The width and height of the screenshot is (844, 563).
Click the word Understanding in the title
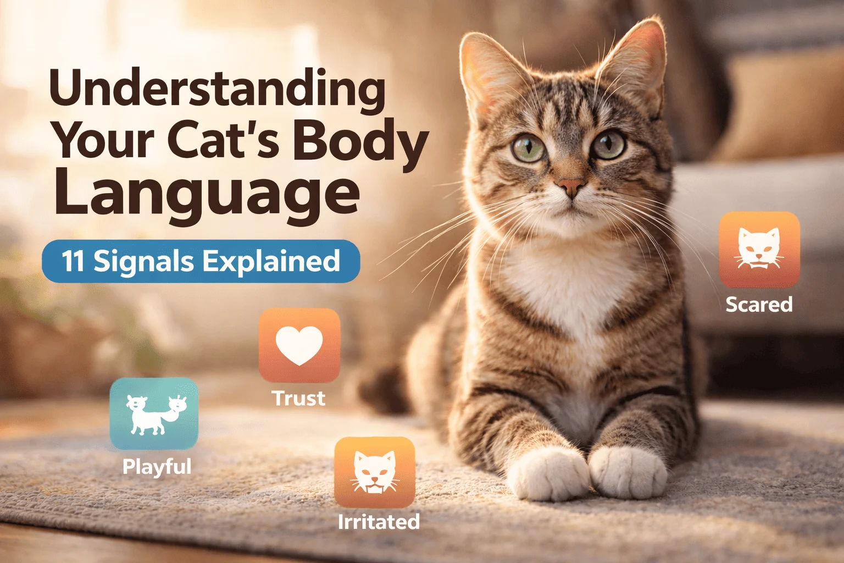[x=218, y=90]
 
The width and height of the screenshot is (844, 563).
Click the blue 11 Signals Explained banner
[x=201, y=261]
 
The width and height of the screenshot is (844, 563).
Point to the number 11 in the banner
[x=73, y=261]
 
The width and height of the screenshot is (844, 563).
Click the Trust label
[x=298, y=398]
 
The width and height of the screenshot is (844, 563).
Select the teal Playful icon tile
[x=154, y=413]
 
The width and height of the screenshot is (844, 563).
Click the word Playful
[x=157, y=467]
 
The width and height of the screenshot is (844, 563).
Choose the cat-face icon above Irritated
[x=375, y=472]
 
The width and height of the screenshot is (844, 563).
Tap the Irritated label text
[x=379, y=522]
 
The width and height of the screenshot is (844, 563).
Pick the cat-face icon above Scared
[x=759, y=249]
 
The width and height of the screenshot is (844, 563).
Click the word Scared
[x=759, y=304]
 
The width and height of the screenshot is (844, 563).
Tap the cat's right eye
[x=609, y=145]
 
